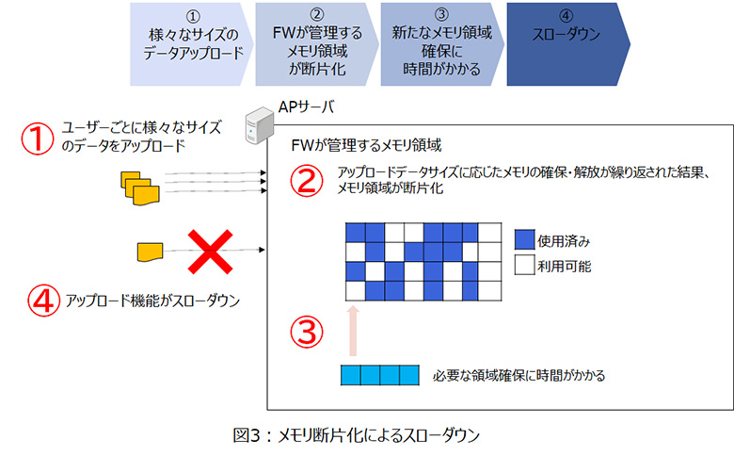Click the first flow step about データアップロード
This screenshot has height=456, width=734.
point(187,43)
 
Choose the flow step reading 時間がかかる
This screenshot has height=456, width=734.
point(436,43)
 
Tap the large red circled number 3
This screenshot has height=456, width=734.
point(310,332)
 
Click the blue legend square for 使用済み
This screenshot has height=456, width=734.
point(524,240)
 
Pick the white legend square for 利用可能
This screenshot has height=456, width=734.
point(524,266)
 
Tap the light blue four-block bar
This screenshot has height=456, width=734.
point(379,375)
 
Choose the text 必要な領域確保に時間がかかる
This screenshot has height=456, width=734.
point(519,375)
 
